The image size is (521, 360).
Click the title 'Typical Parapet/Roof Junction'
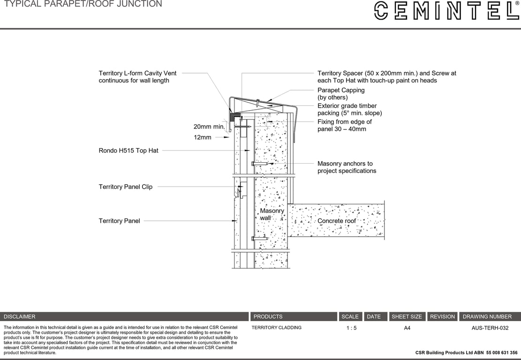(83, 4)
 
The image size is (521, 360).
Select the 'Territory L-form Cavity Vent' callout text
(137, 77)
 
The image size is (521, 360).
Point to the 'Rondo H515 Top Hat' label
(128, 150)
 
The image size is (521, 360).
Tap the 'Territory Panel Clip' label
(125, 187)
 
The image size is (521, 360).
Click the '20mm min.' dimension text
(209, 127)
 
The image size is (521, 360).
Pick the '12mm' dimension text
(203, 137)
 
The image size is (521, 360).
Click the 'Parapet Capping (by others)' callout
(341, 94)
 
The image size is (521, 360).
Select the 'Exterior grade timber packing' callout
(349, 109)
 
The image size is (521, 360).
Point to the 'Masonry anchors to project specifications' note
(347, 167)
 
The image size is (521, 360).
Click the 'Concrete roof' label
(337, 221)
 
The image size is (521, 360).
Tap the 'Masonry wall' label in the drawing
(272, 214)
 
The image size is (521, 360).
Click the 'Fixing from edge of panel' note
(344, 125)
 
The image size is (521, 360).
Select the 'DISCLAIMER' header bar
(124, 316)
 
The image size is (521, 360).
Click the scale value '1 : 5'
(351, 328)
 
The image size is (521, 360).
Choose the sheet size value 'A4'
(407, 328)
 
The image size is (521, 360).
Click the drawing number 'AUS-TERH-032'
(490, 328)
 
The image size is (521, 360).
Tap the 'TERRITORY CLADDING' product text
(276, 328)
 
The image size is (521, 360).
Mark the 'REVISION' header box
(442, 316)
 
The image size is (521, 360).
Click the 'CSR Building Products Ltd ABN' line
(466, 352)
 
